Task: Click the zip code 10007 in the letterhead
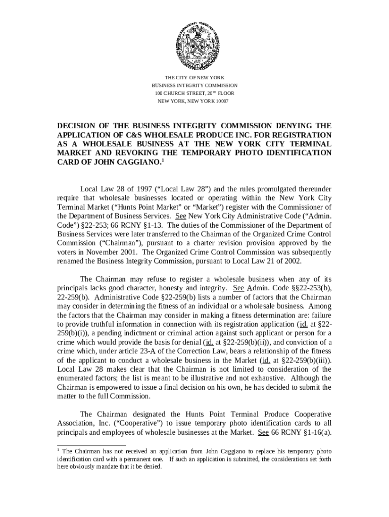coord(221,101)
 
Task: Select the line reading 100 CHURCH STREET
coord(194,93)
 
